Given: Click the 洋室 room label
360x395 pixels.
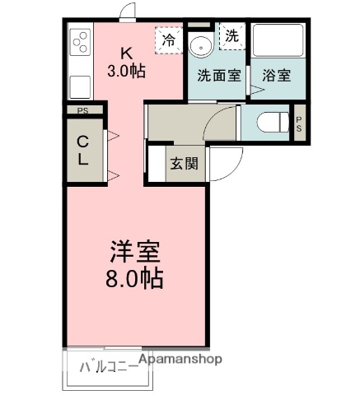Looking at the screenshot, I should click(136, 250).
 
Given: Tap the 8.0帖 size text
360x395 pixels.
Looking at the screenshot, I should click(134, 277).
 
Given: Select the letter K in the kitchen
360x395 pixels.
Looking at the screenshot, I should click(126, 50).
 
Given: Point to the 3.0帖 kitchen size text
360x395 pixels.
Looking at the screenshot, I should click(126, 71).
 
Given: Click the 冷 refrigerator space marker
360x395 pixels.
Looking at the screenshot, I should click(170, 39).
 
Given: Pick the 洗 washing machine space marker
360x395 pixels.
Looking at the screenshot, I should click(231, 35).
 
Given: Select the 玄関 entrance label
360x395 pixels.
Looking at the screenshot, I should click(185, 162).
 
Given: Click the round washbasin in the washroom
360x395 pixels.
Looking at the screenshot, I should click(199, 44).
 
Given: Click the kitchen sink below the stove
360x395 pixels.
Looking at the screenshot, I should click(80, 85).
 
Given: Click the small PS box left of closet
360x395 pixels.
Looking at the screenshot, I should click(83, 110).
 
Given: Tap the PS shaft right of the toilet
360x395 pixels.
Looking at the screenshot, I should click(299, 124).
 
